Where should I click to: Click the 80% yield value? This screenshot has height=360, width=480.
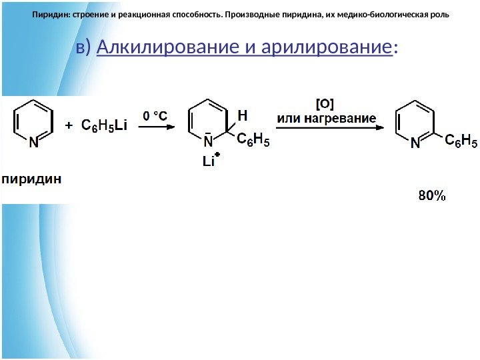coord(431,196)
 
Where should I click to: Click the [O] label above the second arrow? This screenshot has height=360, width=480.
coord(325,103)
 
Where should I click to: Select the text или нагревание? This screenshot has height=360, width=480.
coord(326,118)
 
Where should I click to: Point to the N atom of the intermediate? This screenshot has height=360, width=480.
coord(208,142)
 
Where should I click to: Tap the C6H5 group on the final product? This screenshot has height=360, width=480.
coord(461,140)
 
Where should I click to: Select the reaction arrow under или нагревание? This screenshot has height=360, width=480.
coord(327,129)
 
